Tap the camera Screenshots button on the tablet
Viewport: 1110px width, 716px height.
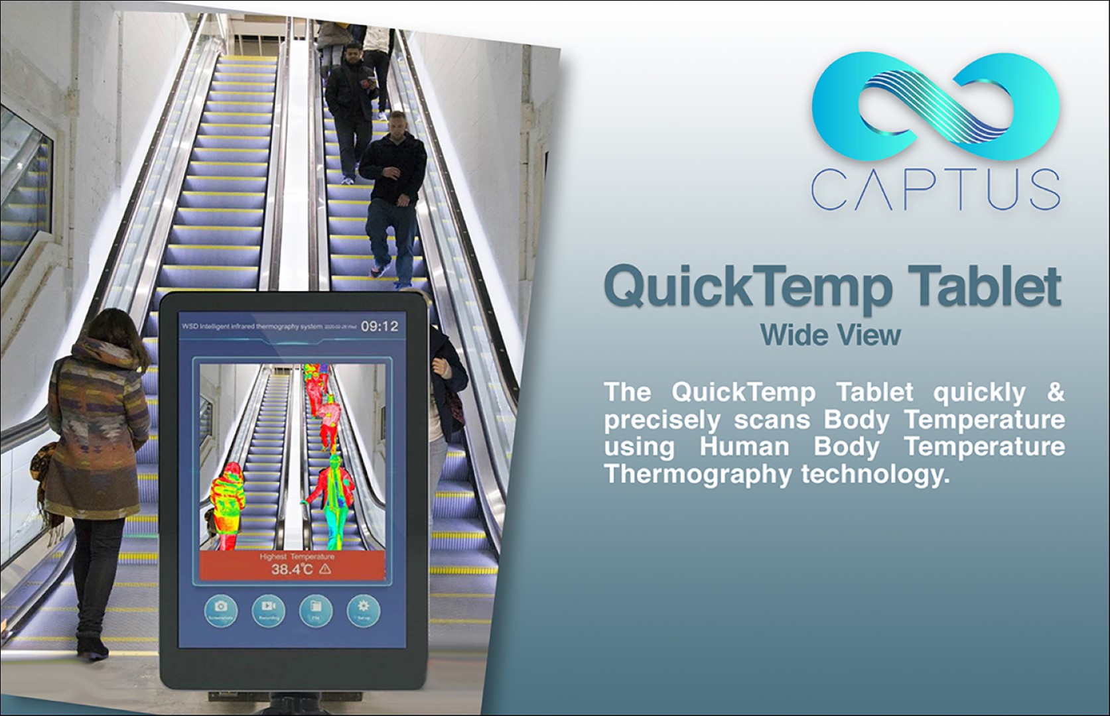coord(221,609)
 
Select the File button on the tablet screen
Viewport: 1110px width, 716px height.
coord(316,609)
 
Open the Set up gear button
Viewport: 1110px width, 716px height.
coord(363,609)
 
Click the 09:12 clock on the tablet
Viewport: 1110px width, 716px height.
coord(380,326)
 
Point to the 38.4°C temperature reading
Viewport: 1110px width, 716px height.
coord(291,569)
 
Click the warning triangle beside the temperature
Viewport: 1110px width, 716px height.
coord(325,569)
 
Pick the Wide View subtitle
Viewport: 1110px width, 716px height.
coord(830,335)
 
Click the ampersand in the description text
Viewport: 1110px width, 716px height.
coord(1055,392)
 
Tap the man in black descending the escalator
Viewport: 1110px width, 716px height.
coord(391,192)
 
